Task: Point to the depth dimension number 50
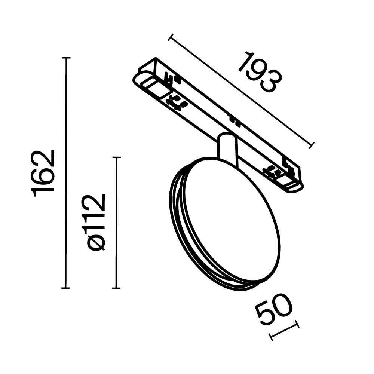[273, 310]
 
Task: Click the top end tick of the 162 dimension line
[66, 58]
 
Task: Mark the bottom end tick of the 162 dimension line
[66, 288]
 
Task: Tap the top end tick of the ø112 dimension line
[117, 157]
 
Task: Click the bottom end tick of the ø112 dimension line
[117, 288]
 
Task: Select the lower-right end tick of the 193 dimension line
[312, 145]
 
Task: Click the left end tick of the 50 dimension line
[272, 337]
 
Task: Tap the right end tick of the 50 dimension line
[297, 324]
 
